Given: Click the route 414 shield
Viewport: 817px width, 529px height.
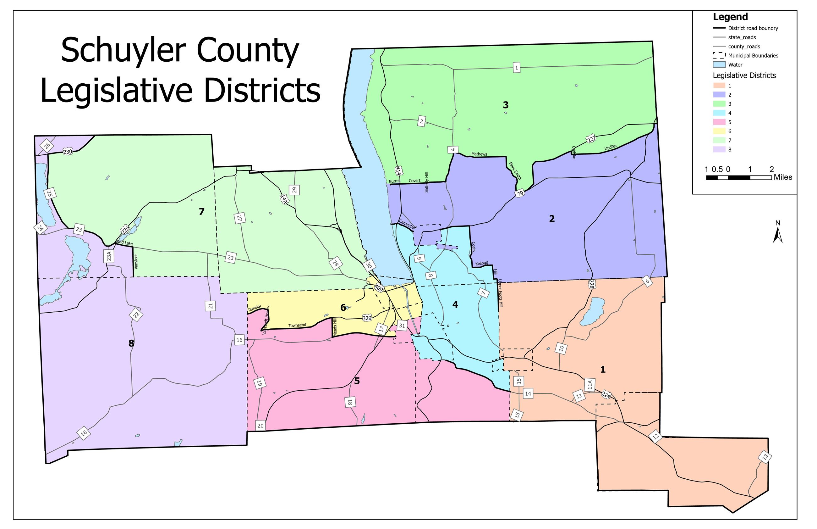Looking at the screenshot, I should click(398, 171).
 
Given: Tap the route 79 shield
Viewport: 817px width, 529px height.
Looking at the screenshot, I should click(520, 193).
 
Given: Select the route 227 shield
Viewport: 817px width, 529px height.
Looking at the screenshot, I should click(591, 139).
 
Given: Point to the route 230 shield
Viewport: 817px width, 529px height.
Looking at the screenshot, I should click(68, 152).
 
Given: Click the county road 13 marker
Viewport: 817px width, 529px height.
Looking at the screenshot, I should click(765, 457).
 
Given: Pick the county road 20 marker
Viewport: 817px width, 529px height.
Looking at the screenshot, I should click(260, 426).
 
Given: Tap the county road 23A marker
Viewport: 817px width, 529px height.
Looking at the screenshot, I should click(109, 256).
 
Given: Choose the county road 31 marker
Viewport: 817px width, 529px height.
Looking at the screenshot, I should click(402, 325).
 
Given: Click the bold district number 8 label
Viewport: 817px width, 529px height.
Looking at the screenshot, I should click(131, 343).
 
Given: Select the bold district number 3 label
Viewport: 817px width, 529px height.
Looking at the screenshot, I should click(505, 105).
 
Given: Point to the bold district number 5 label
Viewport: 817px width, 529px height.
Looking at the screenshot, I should click(357, 381).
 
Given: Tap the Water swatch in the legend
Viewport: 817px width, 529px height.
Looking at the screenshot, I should click(719, 64).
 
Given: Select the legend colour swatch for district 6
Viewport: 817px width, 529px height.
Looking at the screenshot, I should click(719, 131).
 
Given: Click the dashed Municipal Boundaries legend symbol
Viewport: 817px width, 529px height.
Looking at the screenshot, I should click(719, 55).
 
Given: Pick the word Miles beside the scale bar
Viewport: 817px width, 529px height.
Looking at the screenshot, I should click(783, 177).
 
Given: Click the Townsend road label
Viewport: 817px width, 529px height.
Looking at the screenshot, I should click(297, 325).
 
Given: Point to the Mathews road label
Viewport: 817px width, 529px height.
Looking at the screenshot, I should click(479, 154).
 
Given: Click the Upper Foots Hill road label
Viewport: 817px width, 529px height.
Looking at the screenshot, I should click(501, 293).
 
